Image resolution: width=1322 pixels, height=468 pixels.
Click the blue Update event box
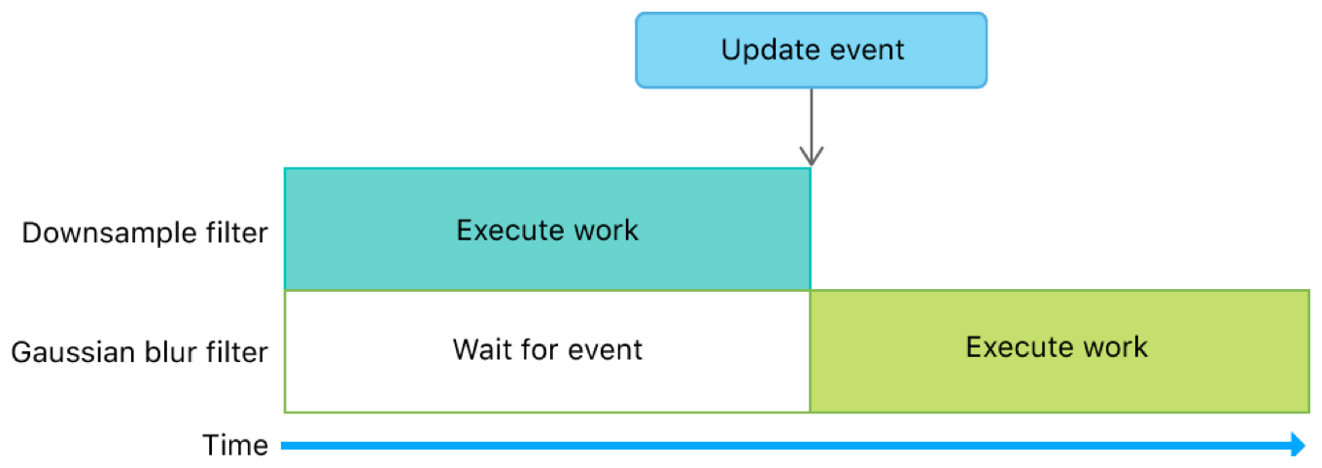[x=812, y=50]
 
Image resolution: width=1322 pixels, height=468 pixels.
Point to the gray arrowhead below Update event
[x=812, y=156]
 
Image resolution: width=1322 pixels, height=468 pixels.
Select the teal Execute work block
[x=547, y=230]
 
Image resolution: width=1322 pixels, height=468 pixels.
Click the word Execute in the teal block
[x=503, y=230]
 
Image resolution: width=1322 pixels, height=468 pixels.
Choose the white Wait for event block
[x=547, y=350]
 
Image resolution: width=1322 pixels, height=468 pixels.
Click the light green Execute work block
[x=1059, y=350]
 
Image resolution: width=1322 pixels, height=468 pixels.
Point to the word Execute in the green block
[x=1012, y=347]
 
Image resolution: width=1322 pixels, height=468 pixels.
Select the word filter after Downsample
[x=236, y=234]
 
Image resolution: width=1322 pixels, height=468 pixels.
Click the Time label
[x=235, y=446]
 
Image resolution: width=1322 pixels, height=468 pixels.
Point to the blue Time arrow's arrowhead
[x=1299, y=446]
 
